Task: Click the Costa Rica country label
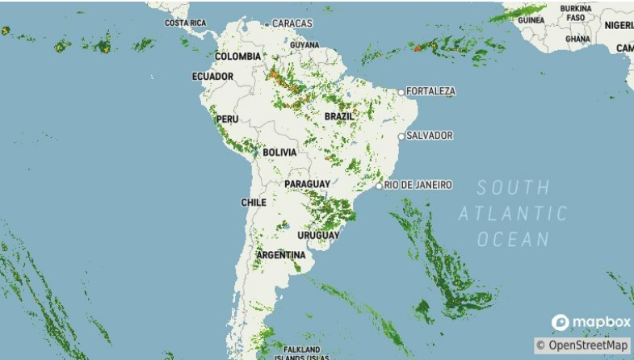click(186, 23)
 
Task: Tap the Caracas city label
click(292, 23)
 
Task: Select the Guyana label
click(304, 44)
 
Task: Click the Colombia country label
click(237, 57)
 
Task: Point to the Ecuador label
click(212, 77)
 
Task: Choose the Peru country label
click(227, 119)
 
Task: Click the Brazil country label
click(339, 116)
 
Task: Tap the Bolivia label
click(279, 152)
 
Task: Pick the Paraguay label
click(307, 184)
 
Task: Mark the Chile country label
click(253, 203)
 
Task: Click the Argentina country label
click(281, 255)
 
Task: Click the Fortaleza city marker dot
click(401, 92)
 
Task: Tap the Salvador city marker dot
click(401, 136)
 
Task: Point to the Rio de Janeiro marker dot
click(379, 186)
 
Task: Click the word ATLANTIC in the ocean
click(513, 214)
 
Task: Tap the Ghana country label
click(577, 38)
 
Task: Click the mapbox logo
click(591, 323)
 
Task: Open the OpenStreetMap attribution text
click(582, 345)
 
